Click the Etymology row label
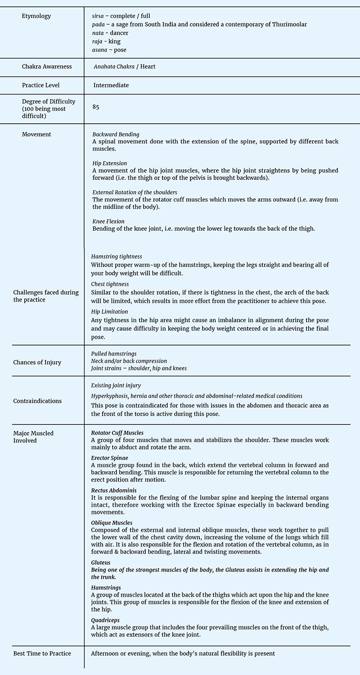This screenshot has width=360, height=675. (36, 16)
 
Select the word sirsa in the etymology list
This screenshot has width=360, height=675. (98, 16)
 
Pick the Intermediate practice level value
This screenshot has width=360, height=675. (111, 85)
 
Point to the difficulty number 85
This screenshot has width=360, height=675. (95, 107)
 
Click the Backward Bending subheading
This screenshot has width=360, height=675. (116, 134)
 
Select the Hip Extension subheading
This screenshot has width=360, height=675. (109, 163)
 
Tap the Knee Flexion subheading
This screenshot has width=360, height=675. (108, 221)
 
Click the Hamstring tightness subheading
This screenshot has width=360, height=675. (117, 256)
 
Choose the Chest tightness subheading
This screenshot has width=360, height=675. (110, 284)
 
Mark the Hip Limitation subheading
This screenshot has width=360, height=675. (109, 311)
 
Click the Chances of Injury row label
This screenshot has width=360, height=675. (37, 362)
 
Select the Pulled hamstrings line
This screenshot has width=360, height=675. (114, 354)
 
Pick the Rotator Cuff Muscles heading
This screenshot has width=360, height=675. (117, 432)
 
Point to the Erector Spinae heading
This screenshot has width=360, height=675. (106, 458)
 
